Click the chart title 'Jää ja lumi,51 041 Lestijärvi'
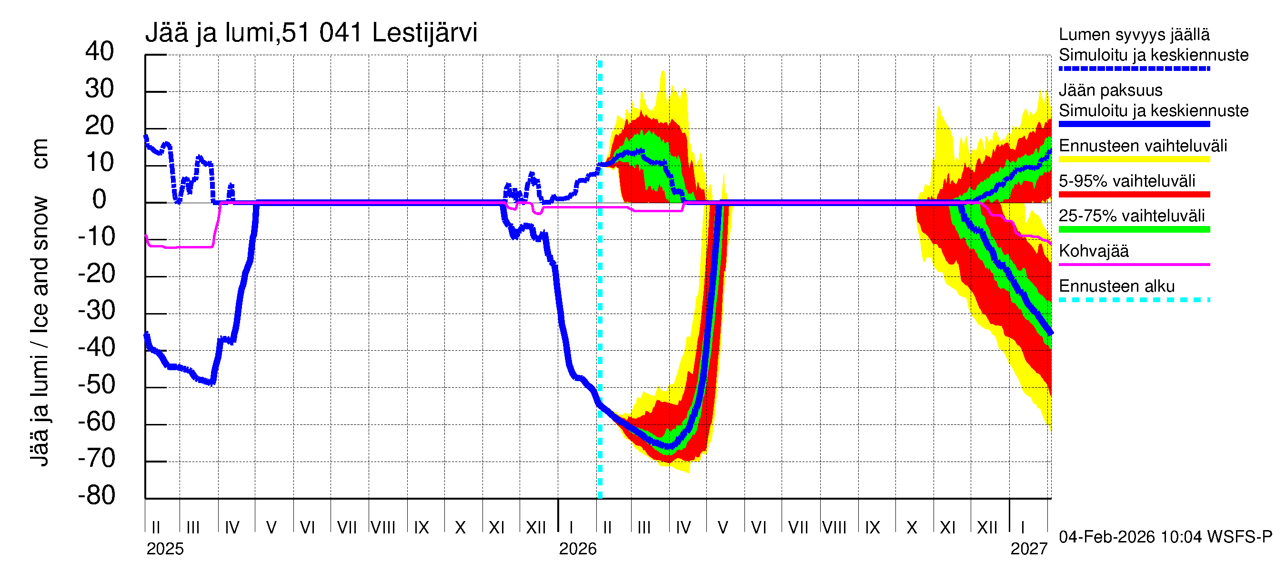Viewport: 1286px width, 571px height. click(311, 33)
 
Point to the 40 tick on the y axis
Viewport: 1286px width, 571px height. click(100, 51)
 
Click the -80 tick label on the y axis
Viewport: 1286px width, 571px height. click(96, 495)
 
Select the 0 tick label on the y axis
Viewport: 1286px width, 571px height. click(100, 199)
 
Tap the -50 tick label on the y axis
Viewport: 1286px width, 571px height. click(96, 384)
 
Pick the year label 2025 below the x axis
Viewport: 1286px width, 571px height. click(165, 549)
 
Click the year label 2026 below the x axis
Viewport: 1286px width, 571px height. click(578, 549)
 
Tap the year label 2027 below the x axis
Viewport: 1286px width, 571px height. click(1029, 549)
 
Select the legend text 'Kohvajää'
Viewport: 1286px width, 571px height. click(1093, 251)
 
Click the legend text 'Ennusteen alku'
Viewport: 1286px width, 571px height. click(1116, 286)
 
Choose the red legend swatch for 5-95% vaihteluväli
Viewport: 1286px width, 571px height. click(1134, 195)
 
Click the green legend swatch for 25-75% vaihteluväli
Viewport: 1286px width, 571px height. click(1134, 229)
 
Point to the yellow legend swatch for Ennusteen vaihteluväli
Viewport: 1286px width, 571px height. click(1134, 159)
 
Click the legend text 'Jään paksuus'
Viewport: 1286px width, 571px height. click(1110, 90)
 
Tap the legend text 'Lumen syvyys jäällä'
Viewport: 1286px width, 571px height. click(1134, 34)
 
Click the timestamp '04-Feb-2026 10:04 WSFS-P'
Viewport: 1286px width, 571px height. click(1165, 537)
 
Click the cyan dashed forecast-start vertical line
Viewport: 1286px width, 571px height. click(600, 299)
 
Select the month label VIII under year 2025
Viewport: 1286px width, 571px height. click(383, 527)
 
